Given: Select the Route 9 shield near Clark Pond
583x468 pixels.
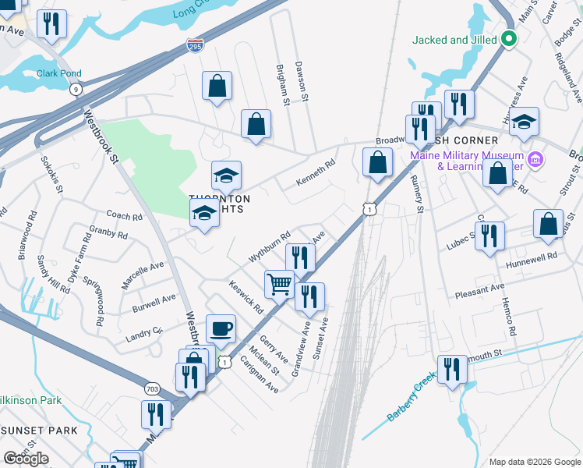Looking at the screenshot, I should tap(75, 90).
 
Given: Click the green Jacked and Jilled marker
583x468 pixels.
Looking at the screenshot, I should tap(510, 38).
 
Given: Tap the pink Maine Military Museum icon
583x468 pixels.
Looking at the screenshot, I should tap(535, 161).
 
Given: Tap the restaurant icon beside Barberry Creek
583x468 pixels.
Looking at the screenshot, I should tap(451, 369).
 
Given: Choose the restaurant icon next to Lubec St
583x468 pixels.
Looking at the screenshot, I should tap(489, 236).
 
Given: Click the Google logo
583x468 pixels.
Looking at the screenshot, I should tap(26, 459).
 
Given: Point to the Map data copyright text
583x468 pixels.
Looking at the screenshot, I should tap(534, 462).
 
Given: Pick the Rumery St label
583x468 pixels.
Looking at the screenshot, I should tap(418, 195).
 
